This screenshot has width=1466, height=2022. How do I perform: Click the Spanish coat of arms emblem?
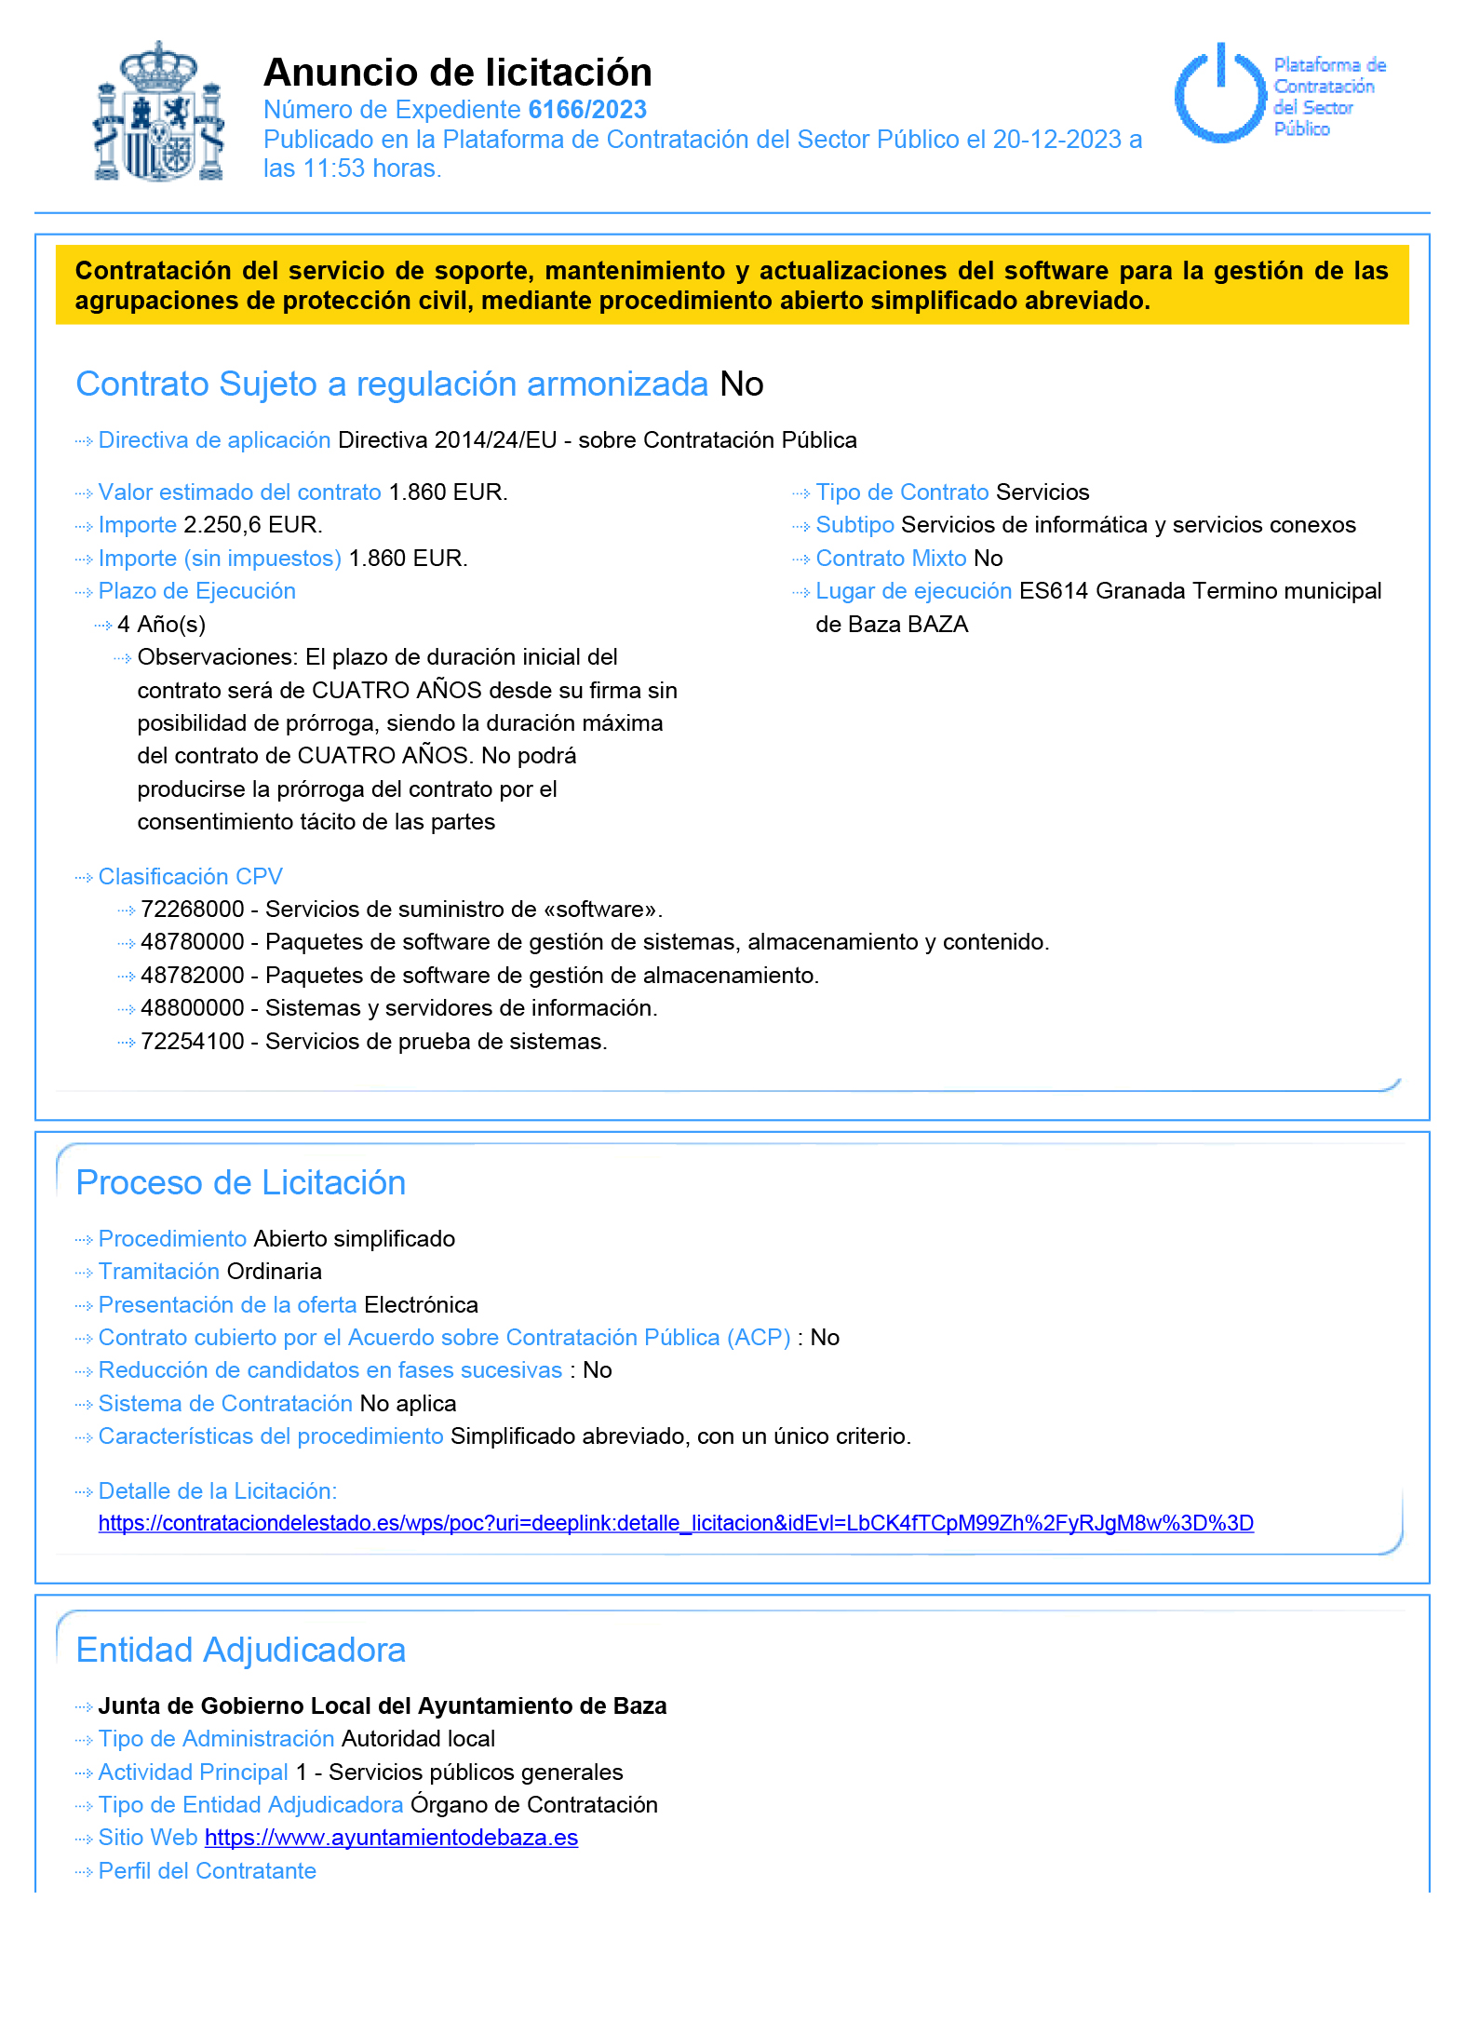tap(159, 112)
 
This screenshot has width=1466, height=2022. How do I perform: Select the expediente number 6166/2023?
tap(586, 110)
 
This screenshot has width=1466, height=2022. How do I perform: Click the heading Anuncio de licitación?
tap(457, 72)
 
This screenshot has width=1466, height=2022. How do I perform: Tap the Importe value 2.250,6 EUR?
tap(252, 525)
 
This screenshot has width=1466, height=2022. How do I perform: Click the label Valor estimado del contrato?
tap(239, 492)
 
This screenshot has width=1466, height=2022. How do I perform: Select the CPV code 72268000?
tap(193, 909)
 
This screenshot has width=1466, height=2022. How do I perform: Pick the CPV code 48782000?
tap(193, 975)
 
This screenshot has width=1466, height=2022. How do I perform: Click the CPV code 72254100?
tap(193, 1041)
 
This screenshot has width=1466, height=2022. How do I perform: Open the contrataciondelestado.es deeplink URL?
tap(676, 1523)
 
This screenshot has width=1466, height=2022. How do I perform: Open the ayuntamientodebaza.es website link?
tap(391, 1837)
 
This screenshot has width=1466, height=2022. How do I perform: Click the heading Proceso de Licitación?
tap(240, 1182)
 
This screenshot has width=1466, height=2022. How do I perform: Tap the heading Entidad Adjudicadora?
tap(240, 1650)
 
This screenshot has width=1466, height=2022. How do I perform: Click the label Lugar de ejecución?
tap(913, 591)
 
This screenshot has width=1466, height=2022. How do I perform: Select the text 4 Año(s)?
tap(162, 624)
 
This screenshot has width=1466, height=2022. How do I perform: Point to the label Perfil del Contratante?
tap(207, 1870)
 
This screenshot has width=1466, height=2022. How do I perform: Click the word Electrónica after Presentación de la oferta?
tap(421, 1304)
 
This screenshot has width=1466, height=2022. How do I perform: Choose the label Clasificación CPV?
tap(190, 876)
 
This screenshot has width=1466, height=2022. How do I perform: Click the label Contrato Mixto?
tap(891, 558)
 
